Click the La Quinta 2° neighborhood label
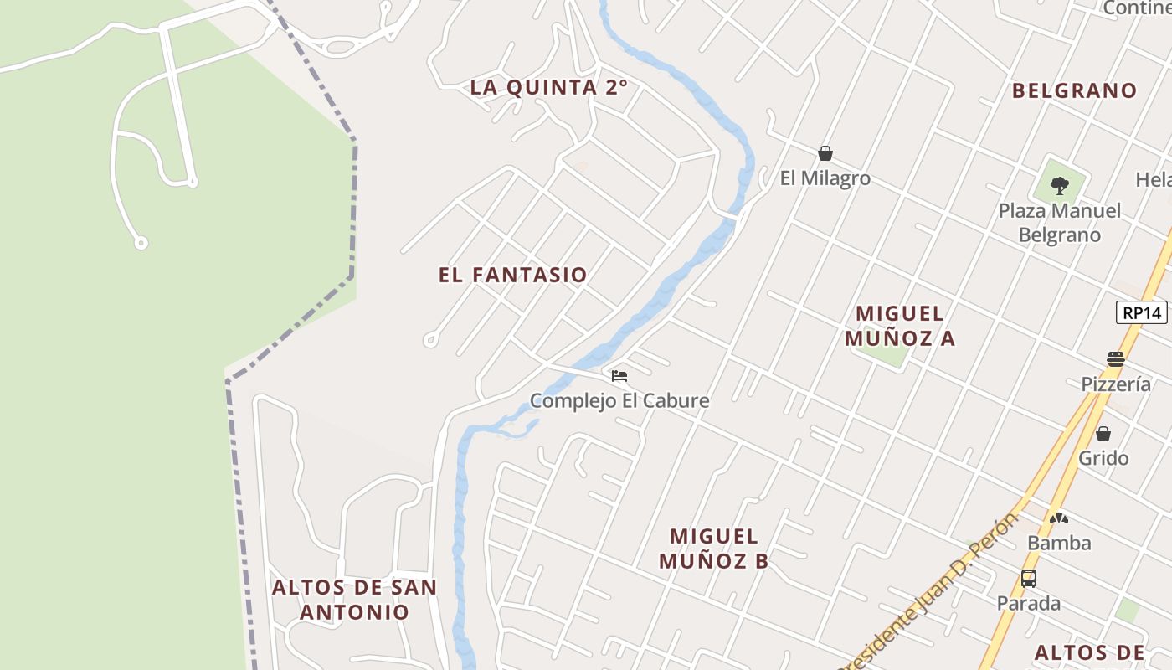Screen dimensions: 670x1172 (548, 87)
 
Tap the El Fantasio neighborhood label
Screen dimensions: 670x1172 (512, 275)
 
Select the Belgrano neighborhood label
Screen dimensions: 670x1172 (1074, 90)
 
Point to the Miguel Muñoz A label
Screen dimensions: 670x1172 (900, 326)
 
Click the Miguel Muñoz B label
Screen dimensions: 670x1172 (713, 549)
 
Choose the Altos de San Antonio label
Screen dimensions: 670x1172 (354, 599)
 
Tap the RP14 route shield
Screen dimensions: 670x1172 (1142, 312)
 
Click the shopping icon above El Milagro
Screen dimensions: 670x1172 (825, 153)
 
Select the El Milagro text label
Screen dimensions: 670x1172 (825, 178)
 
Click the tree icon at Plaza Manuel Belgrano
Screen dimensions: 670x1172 (1060, 185)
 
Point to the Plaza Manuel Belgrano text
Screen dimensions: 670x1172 (1059, 223)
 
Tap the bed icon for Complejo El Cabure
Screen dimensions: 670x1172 (619, 375)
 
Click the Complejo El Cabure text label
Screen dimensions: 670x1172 (619, 400)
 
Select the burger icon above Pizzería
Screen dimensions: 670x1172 (1115, 359)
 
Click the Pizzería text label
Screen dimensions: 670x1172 (1116, 384)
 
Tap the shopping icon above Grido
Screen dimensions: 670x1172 (1103, 434)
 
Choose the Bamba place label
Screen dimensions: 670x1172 (1059, 543)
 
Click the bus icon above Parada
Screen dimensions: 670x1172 (1029, 578)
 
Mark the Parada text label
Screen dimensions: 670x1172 (1028, 603)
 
